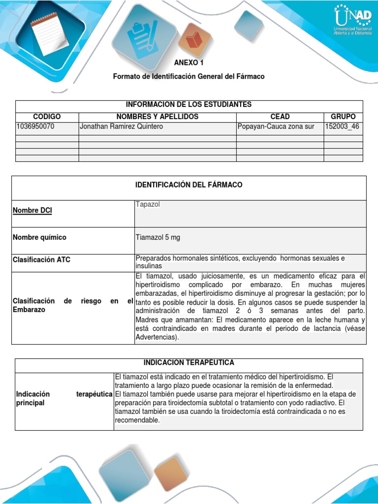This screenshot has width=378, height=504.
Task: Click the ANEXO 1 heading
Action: tap(189, 63)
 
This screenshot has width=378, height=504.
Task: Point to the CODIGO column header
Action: tap(47, 117)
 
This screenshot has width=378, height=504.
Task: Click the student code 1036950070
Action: tap(35, 126)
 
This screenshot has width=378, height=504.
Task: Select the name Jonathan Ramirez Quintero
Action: tap(121, 126)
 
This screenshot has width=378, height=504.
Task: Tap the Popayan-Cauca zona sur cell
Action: tap(276, 126)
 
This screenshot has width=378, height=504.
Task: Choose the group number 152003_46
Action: tap(342, 126)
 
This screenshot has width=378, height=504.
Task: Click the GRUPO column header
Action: tap(343, 117)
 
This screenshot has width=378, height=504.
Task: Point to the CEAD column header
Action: tap(280, 117)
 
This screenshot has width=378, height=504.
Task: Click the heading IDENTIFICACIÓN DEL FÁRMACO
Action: tap(189, 185)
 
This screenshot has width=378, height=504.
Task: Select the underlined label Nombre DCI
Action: tap(32, 211)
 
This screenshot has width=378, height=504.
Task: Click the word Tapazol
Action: tap(146, 204)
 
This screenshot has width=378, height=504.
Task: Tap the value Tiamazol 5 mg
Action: tap(157, 237)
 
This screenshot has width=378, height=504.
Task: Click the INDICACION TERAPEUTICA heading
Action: tap(189, 363)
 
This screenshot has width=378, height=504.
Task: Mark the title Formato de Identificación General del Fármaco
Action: tap(189, 76)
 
